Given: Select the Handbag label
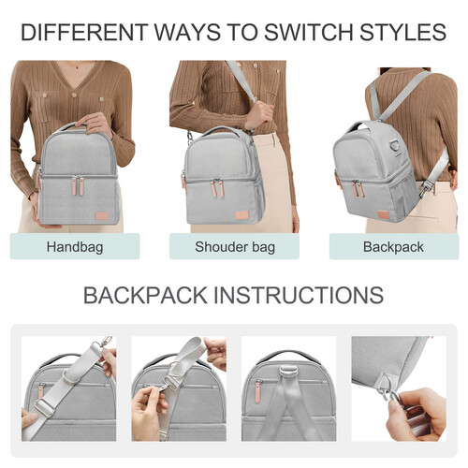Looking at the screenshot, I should coord(75,247).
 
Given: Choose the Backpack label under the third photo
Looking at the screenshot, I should coord(392,247).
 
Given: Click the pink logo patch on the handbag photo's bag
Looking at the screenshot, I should coord(100,217).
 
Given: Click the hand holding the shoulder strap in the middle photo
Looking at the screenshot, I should coord(258,115).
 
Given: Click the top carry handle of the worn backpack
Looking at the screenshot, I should coord(358,125).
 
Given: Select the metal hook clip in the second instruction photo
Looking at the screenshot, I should coord(171,383).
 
